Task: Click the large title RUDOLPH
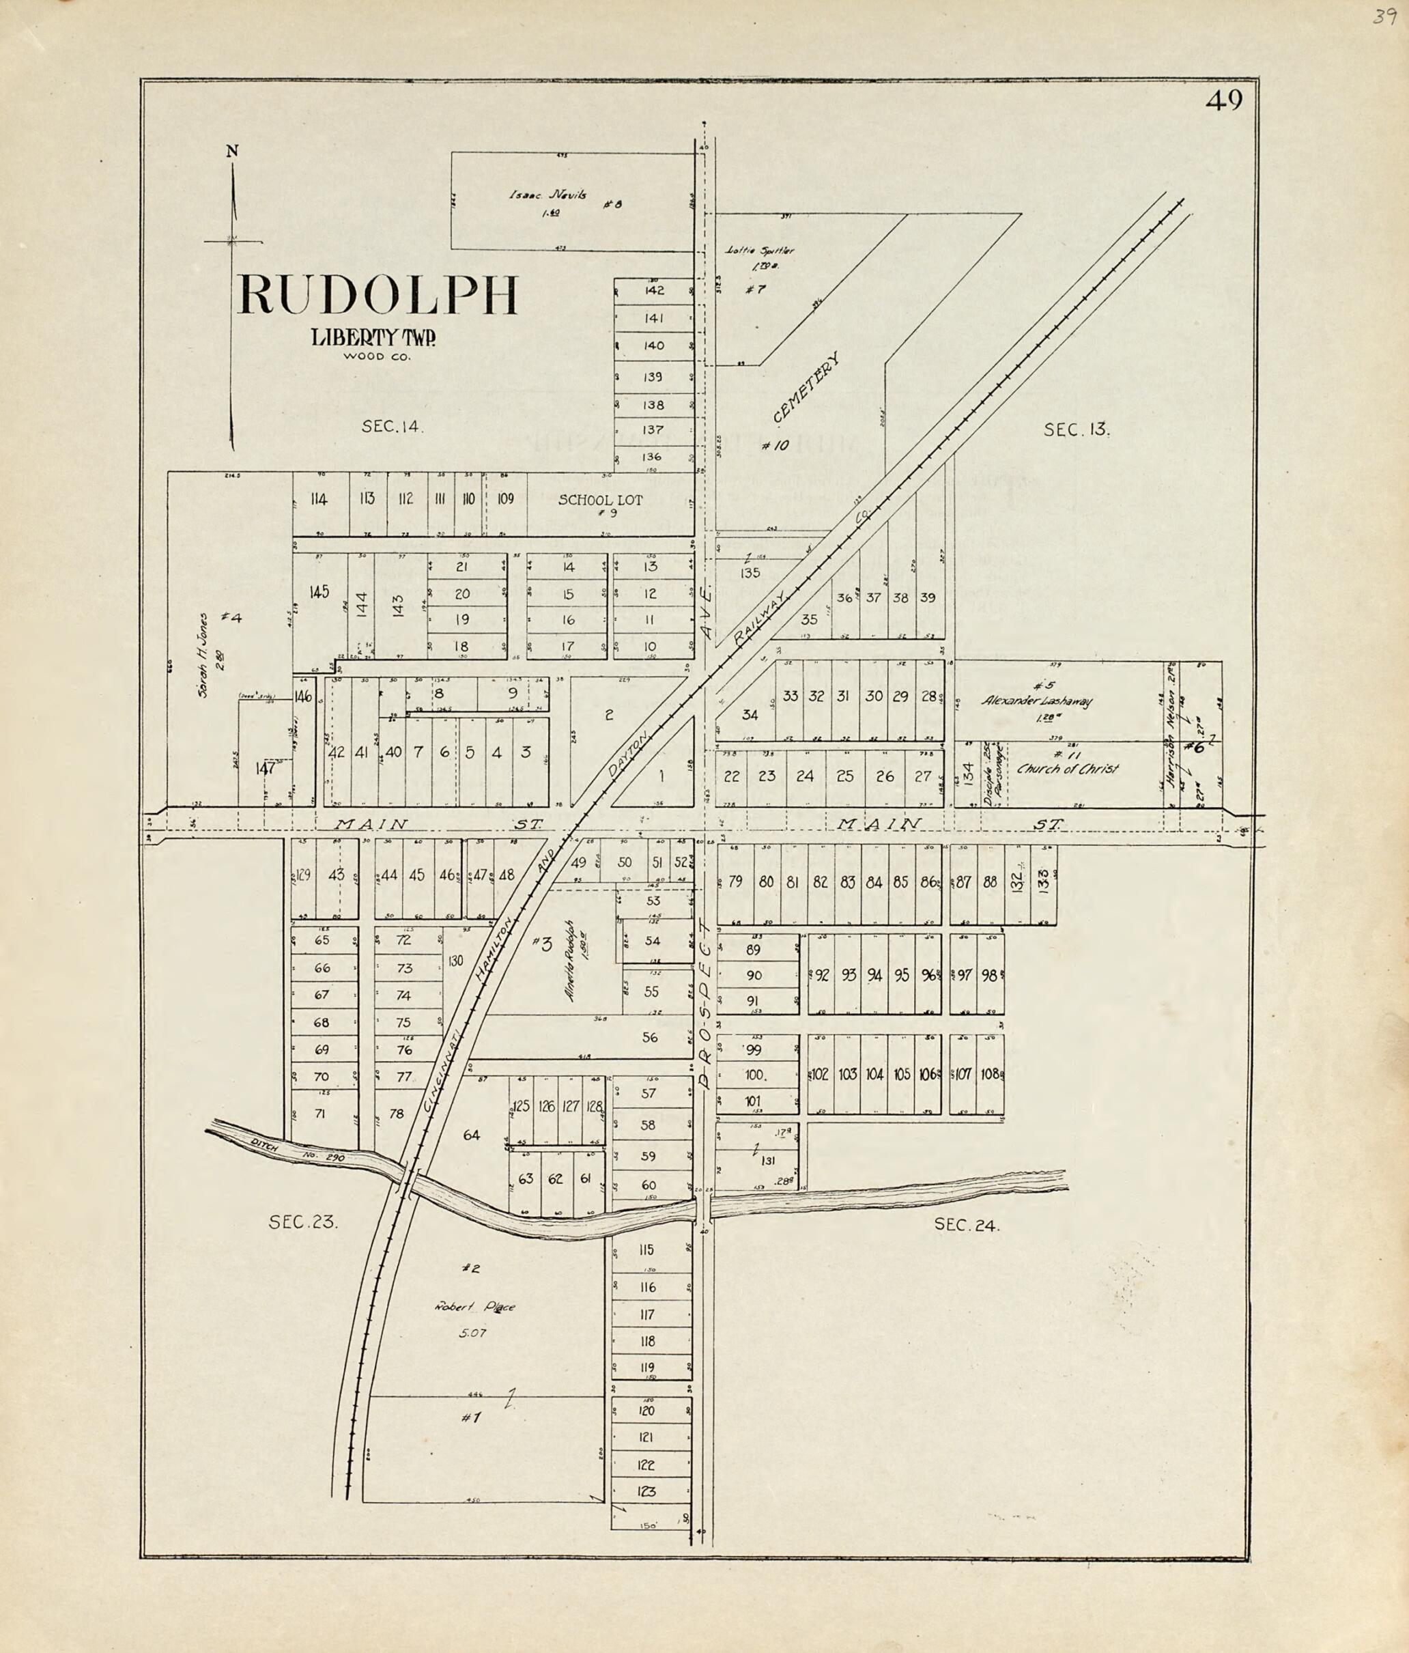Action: click(378, 296)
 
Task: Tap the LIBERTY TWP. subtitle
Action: click(373, 337)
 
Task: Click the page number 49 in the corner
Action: click(1224, 100)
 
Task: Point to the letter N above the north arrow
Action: click(232, 151)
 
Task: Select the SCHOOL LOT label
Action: click(600, 500)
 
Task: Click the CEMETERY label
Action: click(807, 388)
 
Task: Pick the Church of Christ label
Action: click(1067, 769)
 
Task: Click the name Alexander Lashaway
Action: click(1036, 701)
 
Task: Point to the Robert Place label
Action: click(474, 1307)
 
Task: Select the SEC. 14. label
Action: click(393, 427)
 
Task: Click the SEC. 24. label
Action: click(966, 1226)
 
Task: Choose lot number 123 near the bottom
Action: click(646, 1491)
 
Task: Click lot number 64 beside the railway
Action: click(472, 1135)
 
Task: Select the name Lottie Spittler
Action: click(760, 251)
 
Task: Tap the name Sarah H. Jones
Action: click(205, 655)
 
